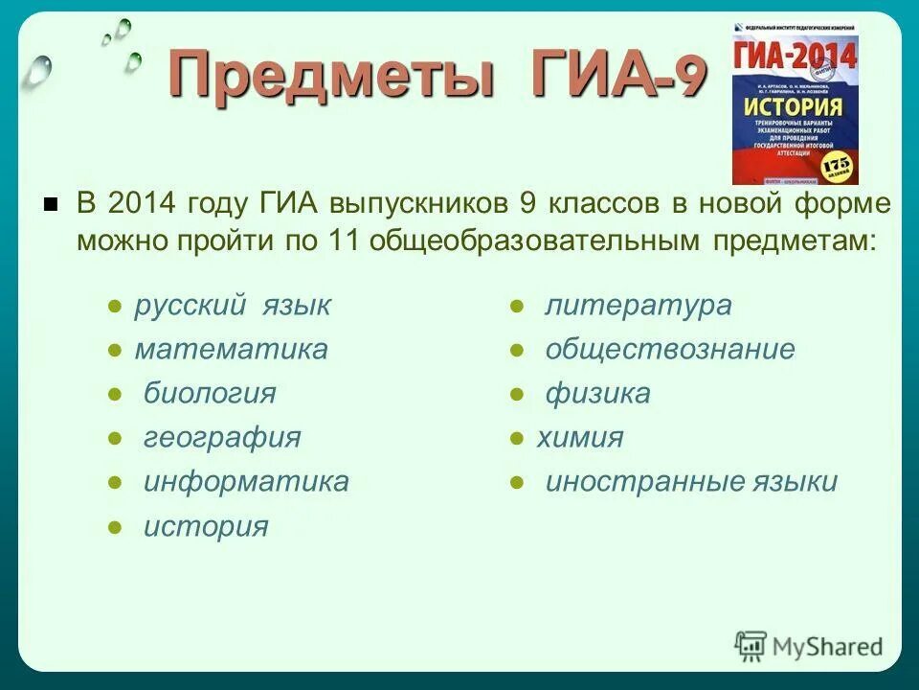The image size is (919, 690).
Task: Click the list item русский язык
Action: pos(233,306)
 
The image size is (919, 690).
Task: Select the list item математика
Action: pos(231,349)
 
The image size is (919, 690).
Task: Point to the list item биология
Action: pos(210,393)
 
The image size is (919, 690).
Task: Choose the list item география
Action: pos(222,438)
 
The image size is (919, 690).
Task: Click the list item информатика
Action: pos(246,481)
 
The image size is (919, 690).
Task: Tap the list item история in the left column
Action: pos(206,526)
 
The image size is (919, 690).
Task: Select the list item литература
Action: pos(639,306)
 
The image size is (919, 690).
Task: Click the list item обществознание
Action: pos(670,349)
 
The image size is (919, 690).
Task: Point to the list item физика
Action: pos(597,393)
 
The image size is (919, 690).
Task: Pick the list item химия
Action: pos(579,438)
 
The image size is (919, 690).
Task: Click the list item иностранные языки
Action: pos(691,481)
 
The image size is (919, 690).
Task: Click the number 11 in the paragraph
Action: pos(342,240)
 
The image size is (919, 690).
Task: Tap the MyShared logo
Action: pos(810,645)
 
